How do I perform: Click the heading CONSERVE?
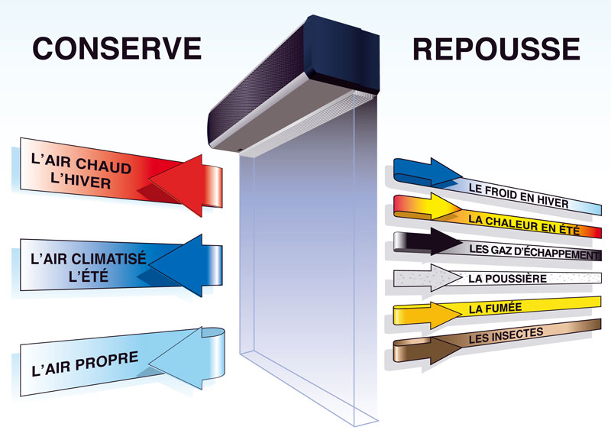(117, 48)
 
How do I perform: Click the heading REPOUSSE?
(496, 48)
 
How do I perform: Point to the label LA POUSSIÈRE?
(507, 279)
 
